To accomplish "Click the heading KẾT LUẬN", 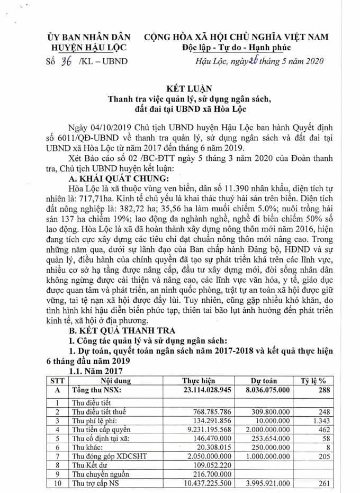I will click(x=179, y=89).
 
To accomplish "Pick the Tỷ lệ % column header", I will click(x=313, y=381).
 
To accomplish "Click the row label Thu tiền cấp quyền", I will click(x=101, y=429).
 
